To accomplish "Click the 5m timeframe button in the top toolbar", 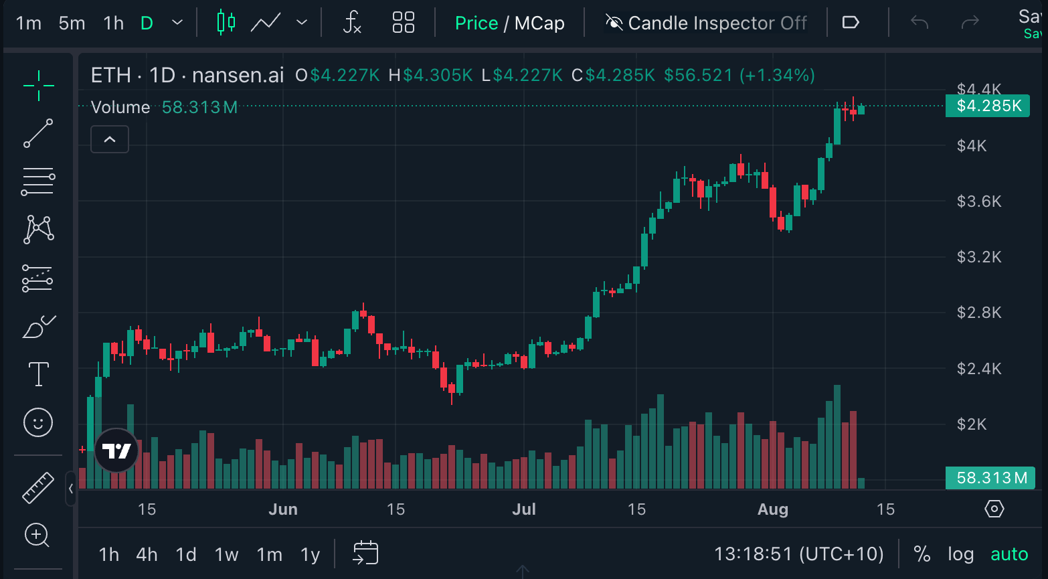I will tap(72, 23).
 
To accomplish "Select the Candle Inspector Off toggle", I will tap(706, 23).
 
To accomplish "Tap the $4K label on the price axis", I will tap(972, 146).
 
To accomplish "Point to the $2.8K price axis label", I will tap(979, 313).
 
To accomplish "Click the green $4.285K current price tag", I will tap(988, 106).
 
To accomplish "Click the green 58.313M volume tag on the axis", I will tap(990, 478).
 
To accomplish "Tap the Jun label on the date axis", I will tap(283, 509).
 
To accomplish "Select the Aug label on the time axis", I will tap(773, 509).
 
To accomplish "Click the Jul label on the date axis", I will tap(524, 509).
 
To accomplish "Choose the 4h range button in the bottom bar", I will tap(147, 555).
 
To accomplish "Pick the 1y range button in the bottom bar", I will tap(311, 555).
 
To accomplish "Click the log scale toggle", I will tap(960, 554).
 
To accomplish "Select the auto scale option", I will tap(1009, 554).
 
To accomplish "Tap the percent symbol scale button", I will tap(922, 554).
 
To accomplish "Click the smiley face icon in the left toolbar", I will tap(38, 423).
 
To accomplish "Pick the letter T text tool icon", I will tap(39, 374).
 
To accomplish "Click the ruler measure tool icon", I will tap(38, 487).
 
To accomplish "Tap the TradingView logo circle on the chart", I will tap(116, 450).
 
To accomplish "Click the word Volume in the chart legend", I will tap(120, 107).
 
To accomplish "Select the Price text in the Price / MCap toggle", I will tap(476, 23).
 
